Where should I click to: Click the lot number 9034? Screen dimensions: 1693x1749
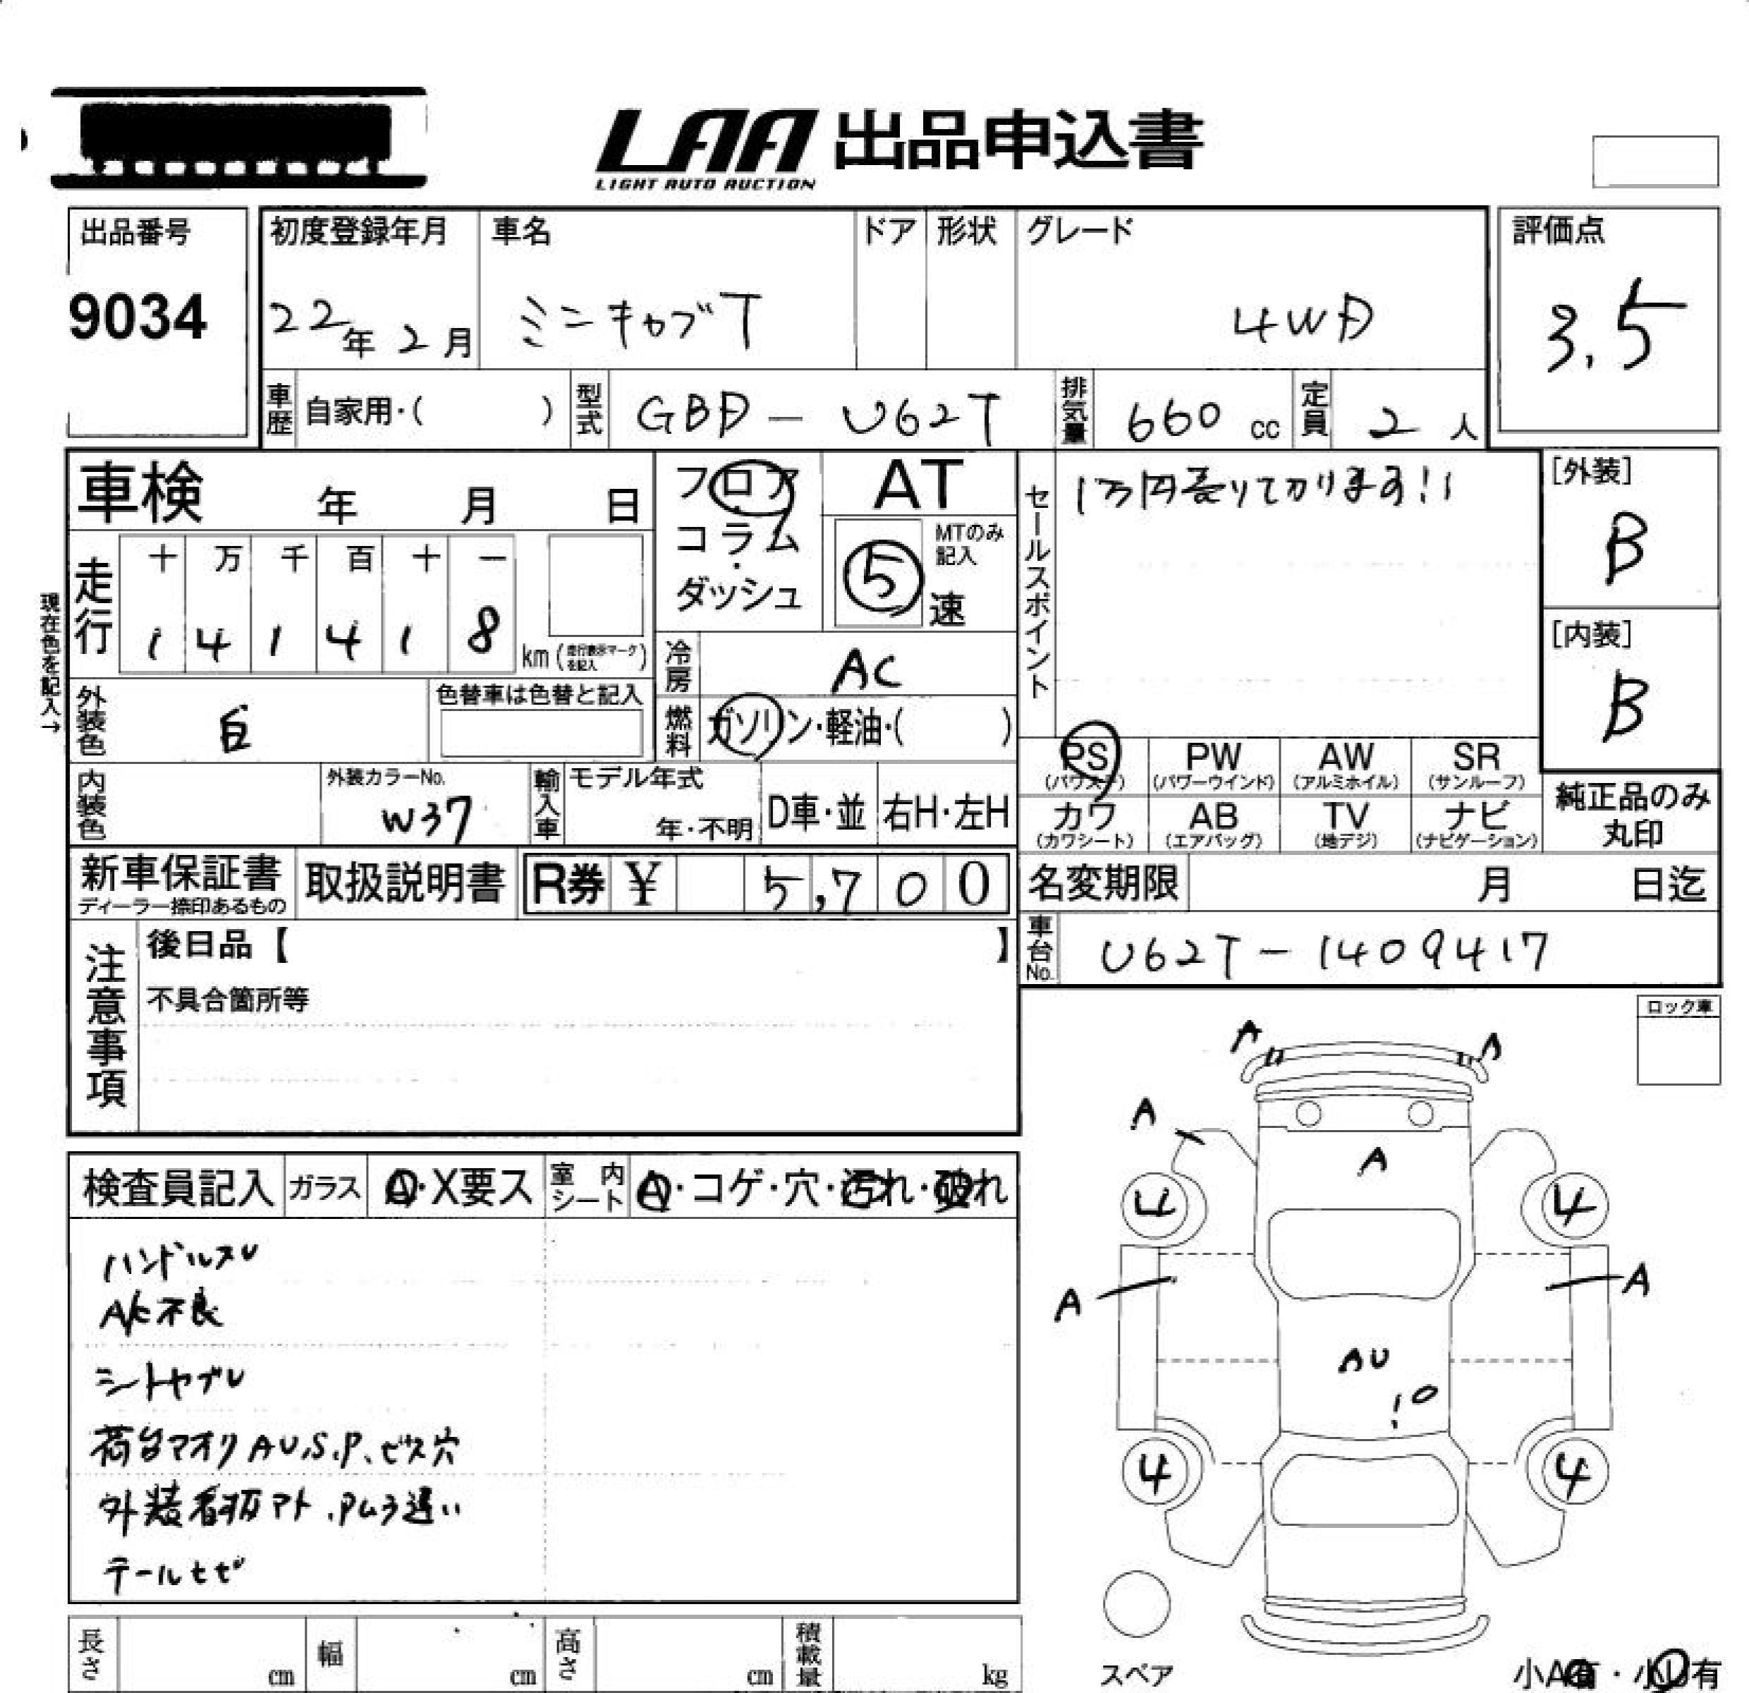[138, 317]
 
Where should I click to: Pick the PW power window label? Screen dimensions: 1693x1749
[1213, 758]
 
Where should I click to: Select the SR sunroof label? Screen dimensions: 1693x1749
[1476, 758]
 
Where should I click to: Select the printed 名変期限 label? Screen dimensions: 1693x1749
[1103, 884]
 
